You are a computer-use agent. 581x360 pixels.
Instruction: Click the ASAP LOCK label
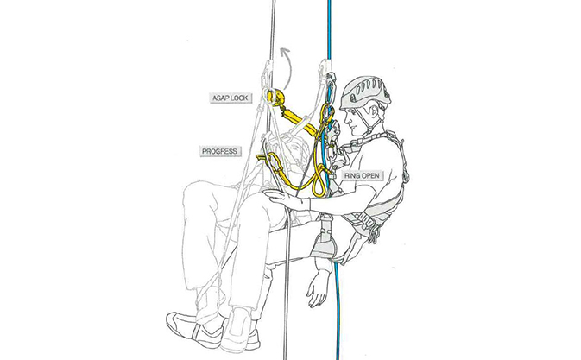pyautogui.click(x=231, y=98)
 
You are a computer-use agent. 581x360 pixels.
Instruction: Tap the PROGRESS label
pyautogui.click(x=220, y=151)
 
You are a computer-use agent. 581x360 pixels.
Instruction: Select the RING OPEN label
pyautogui.click(x=362, y=175)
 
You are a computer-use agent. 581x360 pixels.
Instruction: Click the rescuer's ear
pyautogui.click(x=372, y=111)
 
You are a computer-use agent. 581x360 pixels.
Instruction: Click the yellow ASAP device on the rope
pyautogui.click(x=275, y=97)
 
